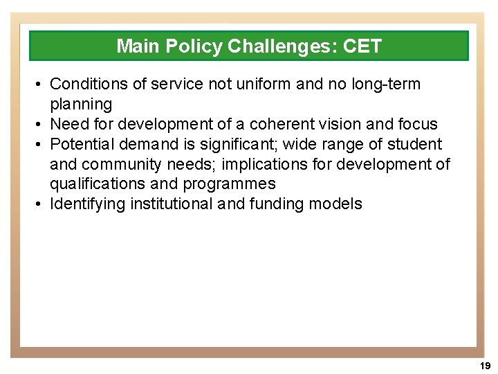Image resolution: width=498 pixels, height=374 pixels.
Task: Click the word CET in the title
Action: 361,46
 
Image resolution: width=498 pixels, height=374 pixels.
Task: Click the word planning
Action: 81,105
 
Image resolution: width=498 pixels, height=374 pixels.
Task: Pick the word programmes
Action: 229,184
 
